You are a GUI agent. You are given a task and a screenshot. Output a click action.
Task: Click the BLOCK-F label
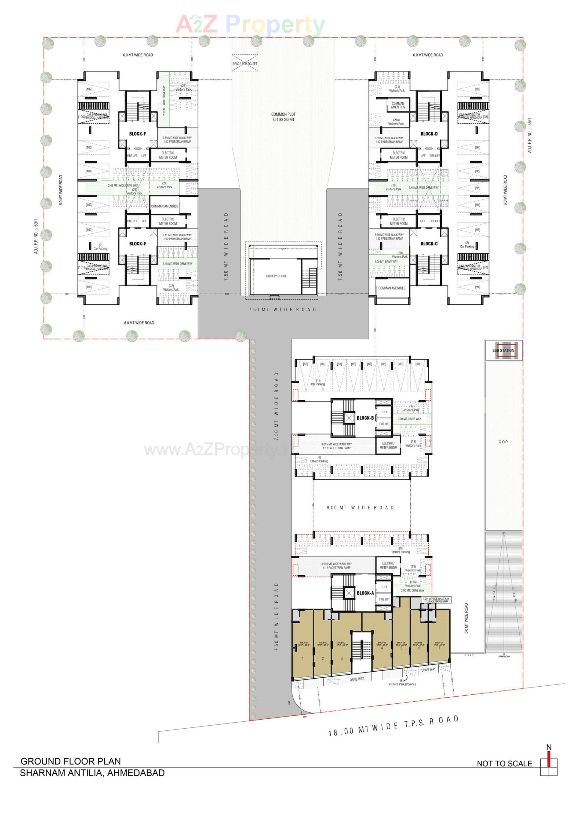tap(137, 134)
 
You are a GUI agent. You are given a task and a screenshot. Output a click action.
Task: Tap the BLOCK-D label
tap(429, 134)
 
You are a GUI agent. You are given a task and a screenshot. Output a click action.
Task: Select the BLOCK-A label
tap(365, 593)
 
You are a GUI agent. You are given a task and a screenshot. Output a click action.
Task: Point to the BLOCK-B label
tap(365, 418)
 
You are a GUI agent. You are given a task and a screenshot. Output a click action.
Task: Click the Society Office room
tap(276, 276)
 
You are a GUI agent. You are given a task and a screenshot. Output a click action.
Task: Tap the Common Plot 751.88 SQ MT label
tap(283, 117)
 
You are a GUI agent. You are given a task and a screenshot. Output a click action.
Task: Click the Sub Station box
tap(503, 350)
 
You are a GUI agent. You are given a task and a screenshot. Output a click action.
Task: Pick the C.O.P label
tap(503, 442)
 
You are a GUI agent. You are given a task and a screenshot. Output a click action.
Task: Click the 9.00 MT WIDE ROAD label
tap(360, 508)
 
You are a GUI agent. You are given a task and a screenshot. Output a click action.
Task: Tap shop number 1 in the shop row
tap(303, 659)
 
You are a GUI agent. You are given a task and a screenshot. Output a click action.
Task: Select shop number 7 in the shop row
tap(439, 648)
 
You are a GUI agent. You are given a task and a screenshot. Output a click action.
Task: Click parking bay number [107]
tap(89, 89)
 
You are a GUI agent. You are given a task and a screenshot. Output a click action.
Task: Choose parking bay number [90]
tap(418, 364)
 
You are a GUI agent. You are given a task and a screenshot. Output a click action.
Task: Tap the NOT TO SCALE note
tap(504, 763)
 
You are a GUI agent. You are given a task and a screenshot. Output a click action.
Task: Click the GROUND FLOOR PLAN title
tap(71, 761)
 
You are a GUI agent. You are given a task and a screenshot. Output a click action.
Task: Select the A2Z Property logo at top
tap(250, 24)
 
